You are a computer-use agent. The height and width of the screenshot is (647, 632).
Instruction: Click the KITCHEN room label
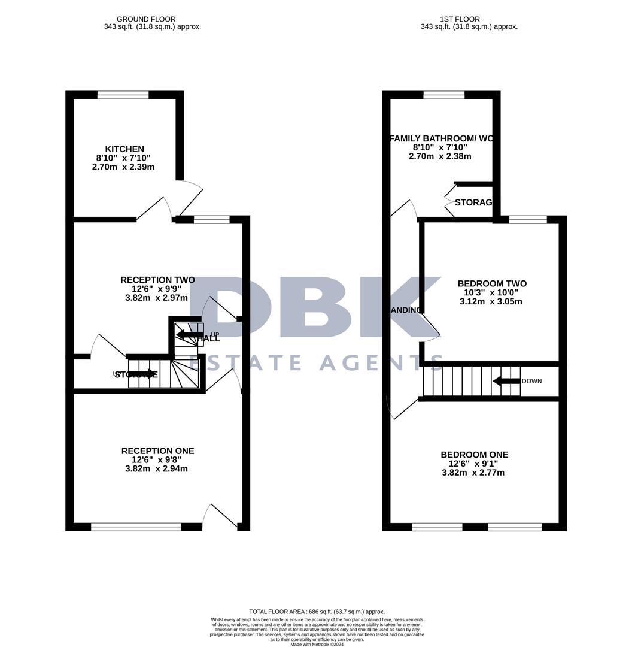coord(124,149)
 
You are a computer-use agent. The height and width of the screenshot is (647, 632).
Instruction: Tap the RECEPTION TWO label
coord(157,280)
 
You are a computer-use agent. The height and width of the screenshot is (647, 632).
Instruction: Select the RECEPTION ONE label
coord(157,451)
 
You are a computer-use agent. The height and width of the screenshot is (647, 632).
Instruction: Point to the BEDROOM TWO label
coord(492,283)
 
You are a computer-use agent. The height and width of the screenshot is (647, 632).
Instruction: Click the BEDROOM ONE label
coord(474,455)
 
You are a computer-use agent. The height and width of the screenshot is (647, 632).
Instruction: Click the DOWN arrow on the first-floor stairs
coord(505,381)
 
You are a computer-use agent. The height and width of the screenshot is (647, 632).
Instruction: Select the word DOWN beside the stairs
coord(531,381)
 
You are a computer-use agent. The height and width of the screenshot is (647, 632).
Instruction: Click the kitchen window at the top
coord(123,95)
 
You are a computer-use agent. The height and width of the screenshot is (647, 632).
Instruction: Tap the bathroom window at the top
coord(443,95)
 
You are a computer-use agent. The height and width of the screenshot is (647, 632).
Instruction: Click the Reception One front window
coord(136,527)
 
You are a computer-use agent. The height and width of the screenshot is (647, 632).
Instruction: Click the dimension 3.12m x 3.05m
coord(491,301)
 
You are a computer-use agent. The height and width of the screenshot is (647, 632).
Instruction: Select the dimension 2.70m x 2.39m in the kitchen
coord(123,167)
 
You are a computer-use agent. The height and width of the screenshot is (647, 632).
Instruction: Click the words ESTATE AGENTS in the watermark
coord(316,362)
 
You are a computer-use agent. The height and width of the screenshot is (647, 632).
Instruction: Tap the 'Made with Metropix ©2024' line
coord(317,644)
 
